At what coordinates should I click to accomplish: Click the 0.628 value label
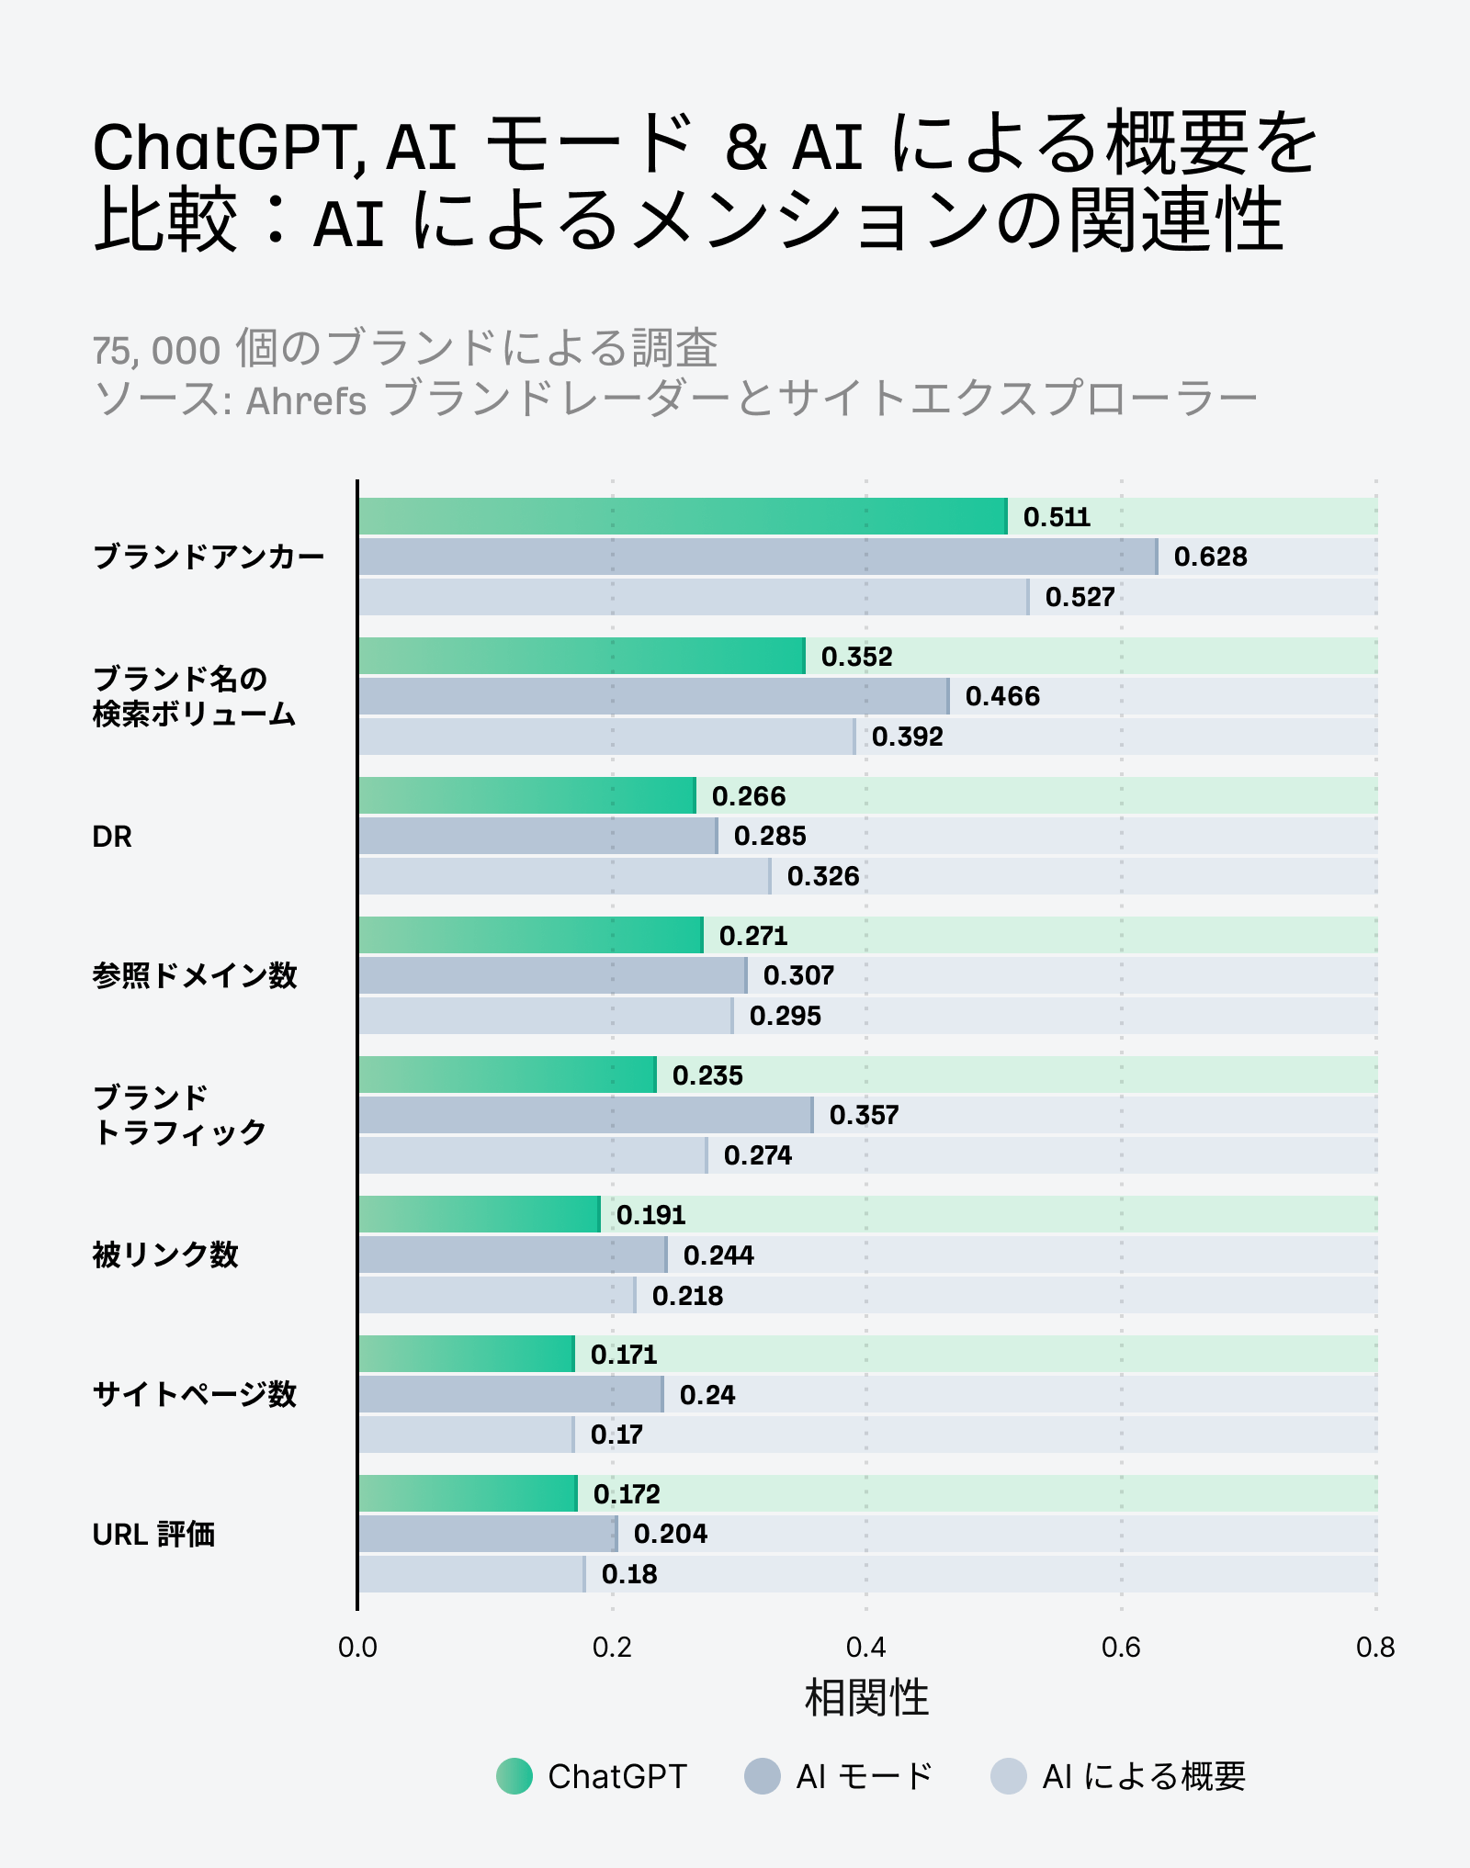1210,557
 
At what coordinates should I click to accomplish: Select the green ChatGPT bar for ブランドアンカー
683,516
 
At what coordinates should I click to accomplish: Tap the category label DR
112,837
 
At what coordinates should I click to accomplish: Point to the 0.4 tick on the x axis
865,1648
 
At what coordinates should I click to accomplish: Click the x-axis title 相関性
866,1697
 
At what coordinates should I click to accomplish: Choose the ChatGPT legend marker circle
514,1776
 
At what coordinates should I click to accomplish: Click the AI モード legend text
864,1776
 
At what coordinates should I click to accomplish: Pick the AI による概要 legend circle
1008,1776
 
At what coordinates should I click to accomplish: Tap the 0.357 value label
864,1115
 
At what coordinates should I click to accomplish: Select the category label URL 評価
153,1535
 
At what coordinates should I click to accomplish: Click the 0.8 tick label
1374,1648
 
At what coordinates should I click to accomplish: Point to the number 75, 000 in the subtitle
156,351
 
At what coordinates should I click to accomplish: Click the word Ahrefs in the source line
306,400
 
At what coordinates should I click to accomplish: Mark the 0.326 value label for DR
823,876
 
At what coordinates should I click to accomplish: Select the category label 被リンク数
165,1255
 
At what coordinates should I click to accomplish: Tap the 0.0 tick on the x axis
357,1648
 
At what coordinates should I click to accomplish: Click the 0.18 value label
629,1574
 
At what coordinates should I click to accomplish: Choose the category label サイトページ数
195,1394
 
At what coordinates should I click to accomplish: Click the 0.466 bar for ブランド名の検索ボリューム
653,696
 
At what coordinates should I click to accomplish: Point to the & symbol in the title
746,147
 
